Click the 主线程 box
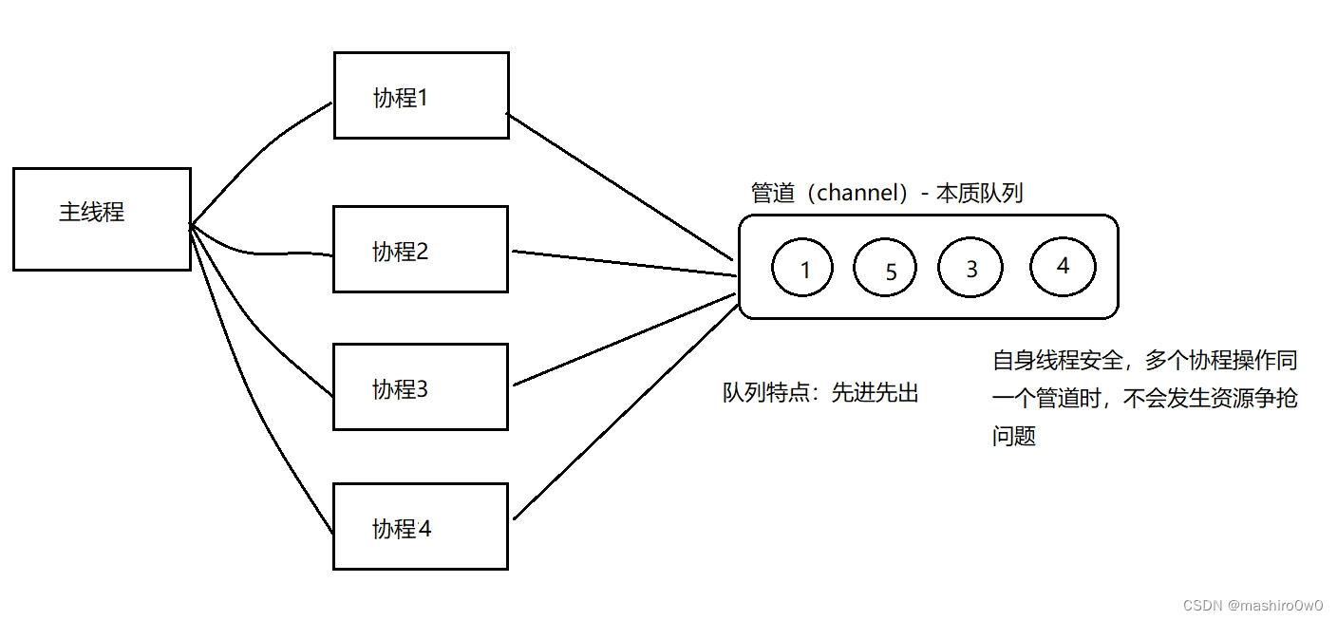(x=102, y=219)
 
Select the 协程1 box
(x=421, y=95)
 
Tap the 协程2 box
(x=421, y=250)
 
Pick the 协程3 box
(x=421, y=386)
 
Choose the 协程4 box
(x=421, y=526)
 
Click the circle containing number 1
(x=802, y=269)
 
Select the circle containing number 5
(x=885, y=270)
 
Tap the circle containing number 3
(x=970, y=268)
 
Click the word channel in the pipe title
(x=857, y=193)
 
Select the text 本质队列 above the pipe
(x=979, y=193)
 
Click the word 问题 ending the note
(x=1013, y=436)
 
